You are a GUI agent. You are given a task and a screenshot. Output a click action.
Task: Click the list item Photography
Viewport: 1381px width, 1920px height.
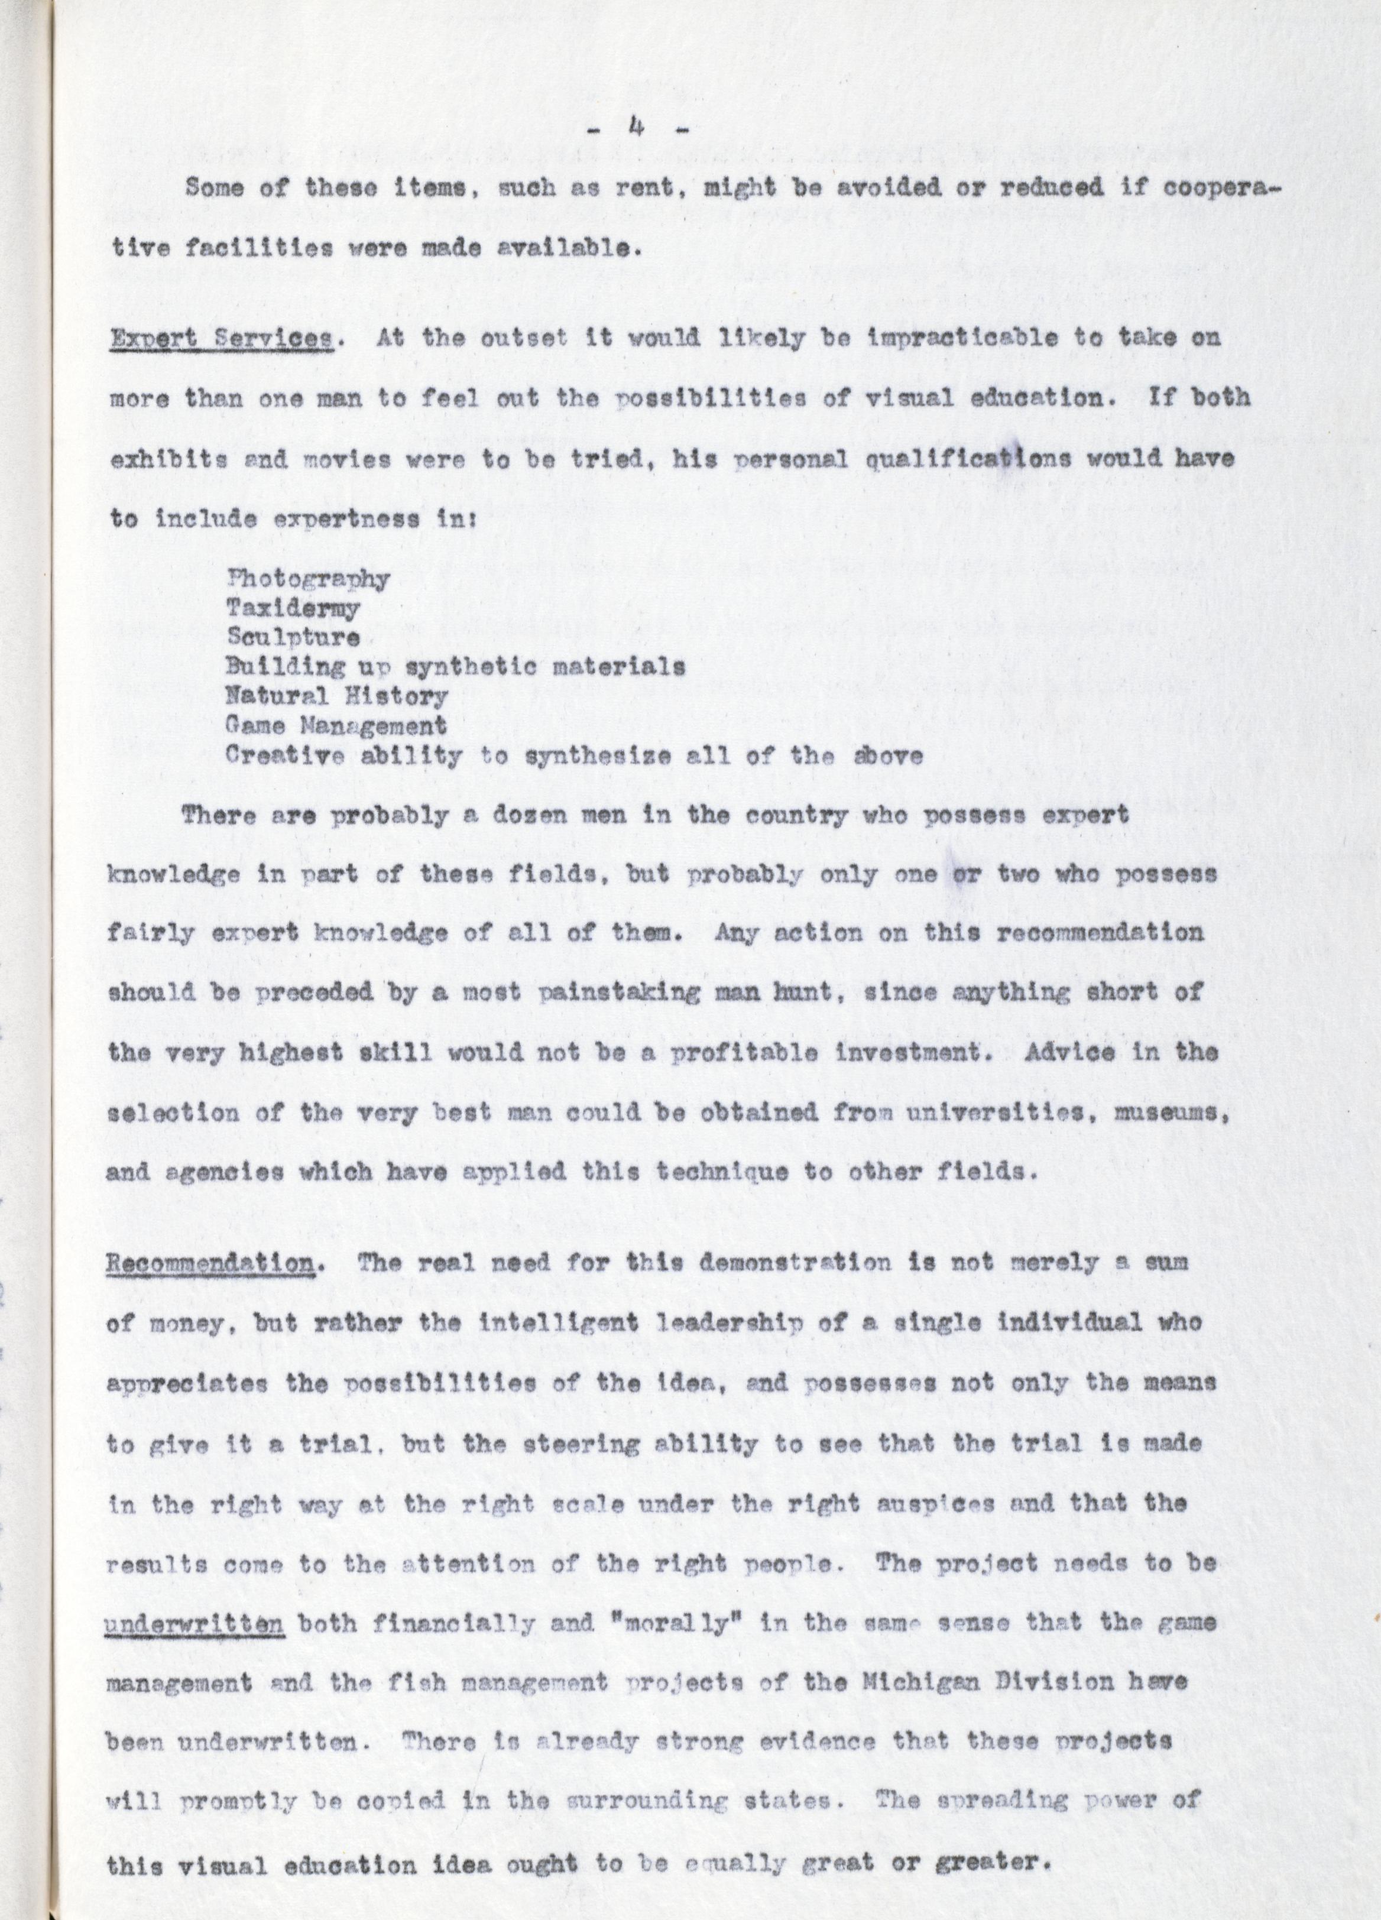point(308,579)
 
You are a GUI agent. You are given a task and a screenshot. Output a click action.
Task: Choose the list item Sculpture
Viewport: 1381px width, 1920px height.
point(293,637)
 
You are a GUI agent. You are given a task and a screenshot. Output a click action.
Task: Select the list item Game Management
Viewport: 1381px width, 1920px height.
point(336,725)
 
